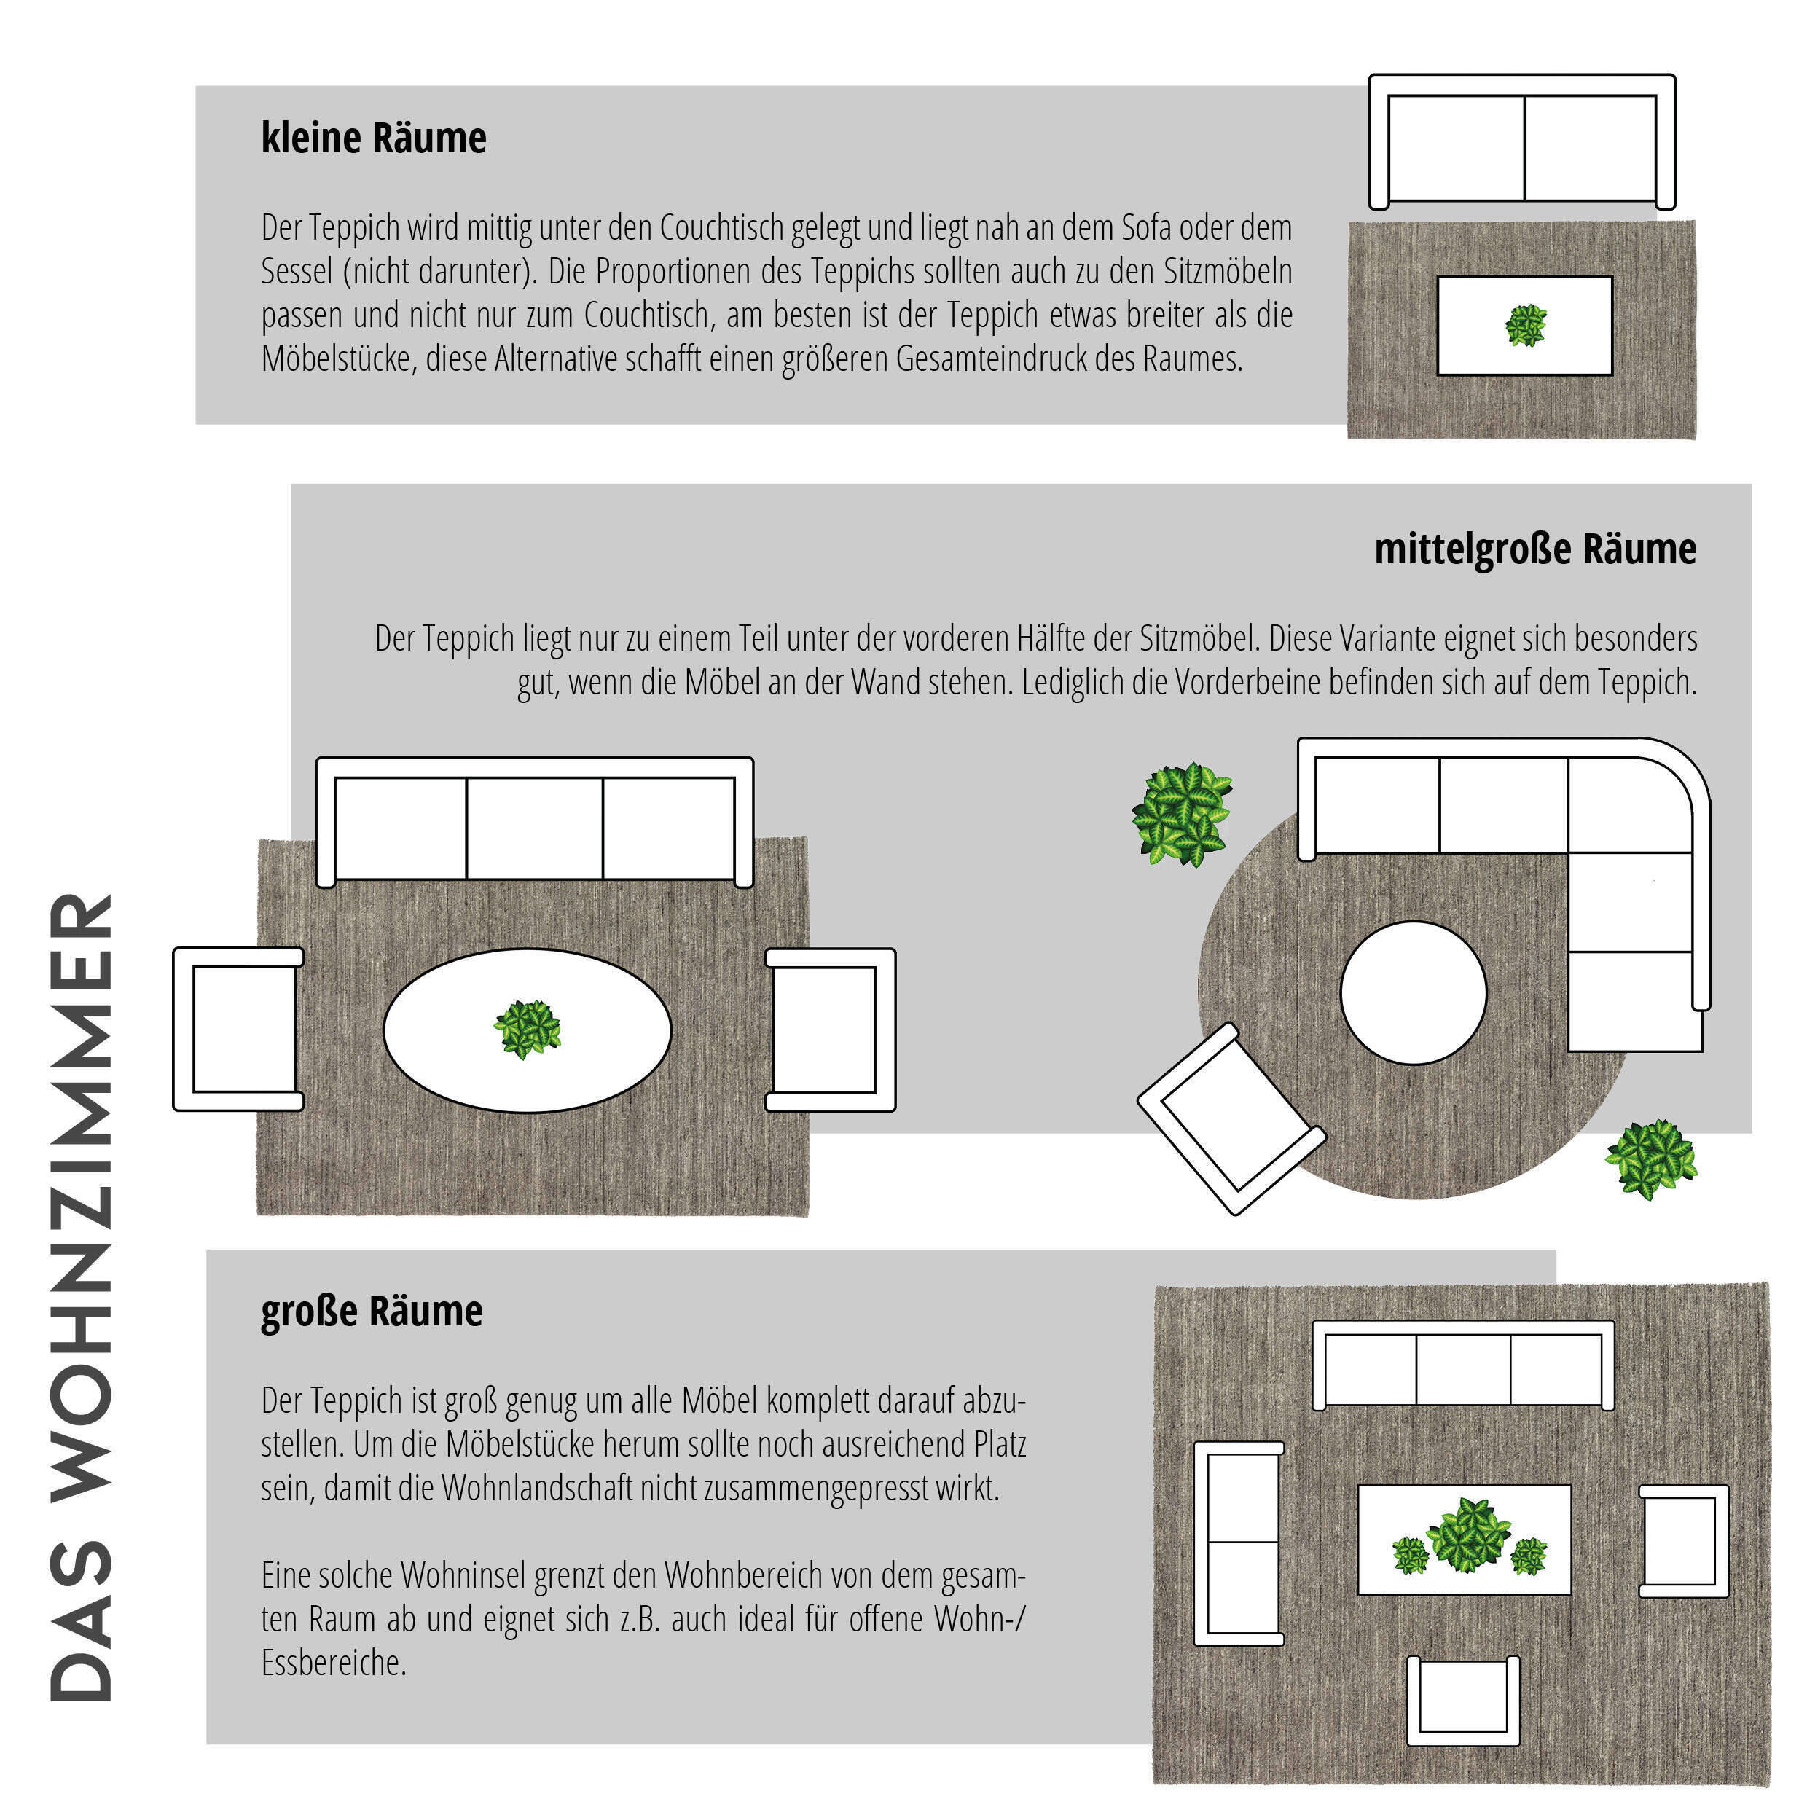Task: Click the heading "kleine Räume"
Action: click(373, 138)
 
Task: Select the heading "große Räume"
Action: click(372, 1312)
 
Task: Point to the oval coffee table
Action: click(528, 1031)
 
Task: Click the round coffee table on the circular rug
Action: click(1414, 993)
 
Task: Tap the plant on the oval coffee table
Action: click(528, 1029)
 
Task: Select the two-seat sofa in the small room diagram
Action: click(1521, 142)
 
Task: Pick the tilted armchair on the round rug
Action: click(1231, 1118)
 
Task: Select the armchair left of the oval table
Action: click(238, 1029)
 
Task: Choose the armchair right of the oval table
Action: click(831, 1029)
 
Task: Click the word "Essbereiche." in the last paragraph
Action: click(334, 1663)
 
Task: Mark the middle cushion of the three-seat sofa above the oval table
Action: click(534, 828)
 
